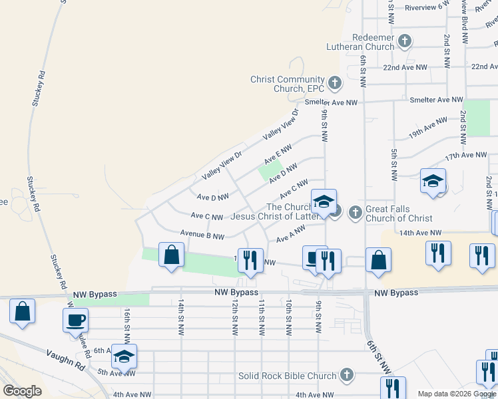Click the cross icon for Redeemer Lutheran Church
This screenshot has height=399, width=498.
[404, 42]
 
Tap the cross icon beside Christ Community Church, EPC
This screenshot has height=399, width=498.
[334, 84]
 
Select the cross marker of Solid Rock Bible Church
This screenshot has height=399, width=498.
[346, 376]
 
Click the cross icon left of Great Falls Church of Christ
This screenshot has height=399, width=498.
[355, 213]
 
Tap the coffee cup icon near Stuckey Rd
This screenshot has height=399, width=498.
[75, 320]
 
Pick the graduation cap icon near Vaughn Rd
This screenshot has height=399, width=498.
[123, 356]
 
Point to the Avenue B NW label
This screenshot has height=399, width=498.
[202, 235]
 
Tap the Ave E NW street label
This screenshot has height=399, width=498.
[278, 155]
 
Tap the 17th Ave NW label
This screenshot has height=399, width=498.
[465, 155]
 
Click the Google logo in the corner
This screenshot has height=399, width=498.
[23, 391]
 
